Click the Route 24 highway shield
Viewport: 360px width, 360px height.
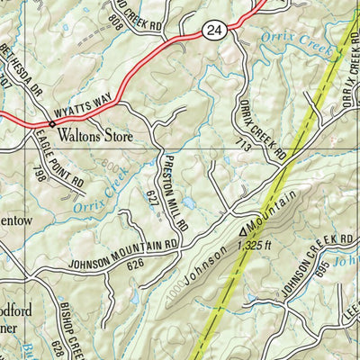click(x=211, y=31)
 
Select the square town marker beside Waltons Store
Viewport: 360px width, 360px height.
click(x=51, y=123)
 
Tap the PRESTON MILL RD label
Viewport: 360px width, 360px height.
click(x=173, y=188)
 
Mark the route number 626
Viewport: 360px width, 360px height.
click(x=136, y=265)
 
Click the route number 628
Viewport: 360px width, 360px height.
click(x=56, y=347)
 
